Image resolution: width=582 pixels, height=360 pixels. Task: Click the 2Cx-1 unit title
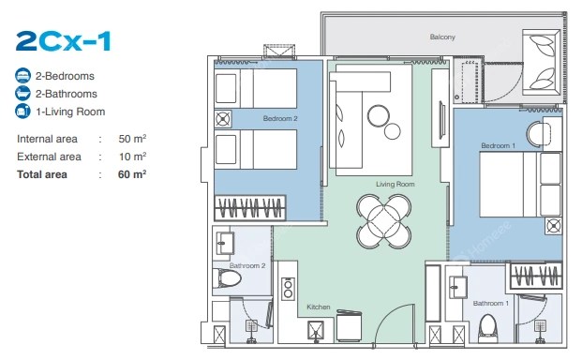64,41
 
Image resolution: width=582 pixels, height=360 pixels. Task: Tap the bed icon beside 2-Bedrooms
22,76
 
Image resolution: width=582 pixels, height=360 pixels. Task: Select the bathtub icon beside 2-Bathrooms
22,94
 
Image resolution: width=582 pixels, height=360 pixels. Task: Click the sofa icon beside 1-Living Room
22,112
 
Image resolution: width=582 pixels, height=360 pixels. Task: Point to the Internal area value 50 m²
132,139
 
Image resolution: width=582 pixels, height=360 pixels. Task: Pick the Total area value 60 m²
132,174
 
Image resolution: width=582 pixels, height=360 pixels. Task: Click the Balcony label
442,37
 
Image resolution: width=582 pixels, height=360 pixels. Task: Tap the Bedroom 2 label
280,119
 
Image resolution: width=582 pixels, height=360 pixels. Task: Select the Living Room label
395,184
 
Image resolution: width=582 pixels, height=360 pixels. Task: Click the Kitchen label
319,307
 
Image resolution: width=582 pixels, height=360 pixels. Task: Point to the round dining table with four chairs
384,221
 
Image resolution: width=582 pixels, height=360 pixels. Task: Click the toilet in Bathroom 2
227,278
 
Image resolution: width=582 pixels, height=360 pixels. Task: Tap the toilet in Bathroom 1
487,327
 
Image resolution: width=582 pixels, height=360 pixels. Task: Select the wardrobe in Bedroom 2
250,207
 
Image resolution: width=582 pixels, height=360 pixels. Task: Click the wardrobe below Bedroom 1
536,276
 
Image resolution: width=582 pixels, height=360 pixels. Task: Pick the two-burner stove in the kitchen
288,289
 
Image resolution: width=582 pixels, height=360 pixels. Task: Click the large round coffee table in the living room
379,115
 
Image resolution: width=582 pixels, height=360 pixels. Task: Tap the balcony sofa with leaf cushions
541,62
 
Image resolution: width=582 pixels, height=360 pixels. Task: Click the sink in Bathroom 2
225,243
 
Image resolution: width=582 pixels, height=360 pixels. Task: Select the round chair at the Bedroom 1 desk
538,134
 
